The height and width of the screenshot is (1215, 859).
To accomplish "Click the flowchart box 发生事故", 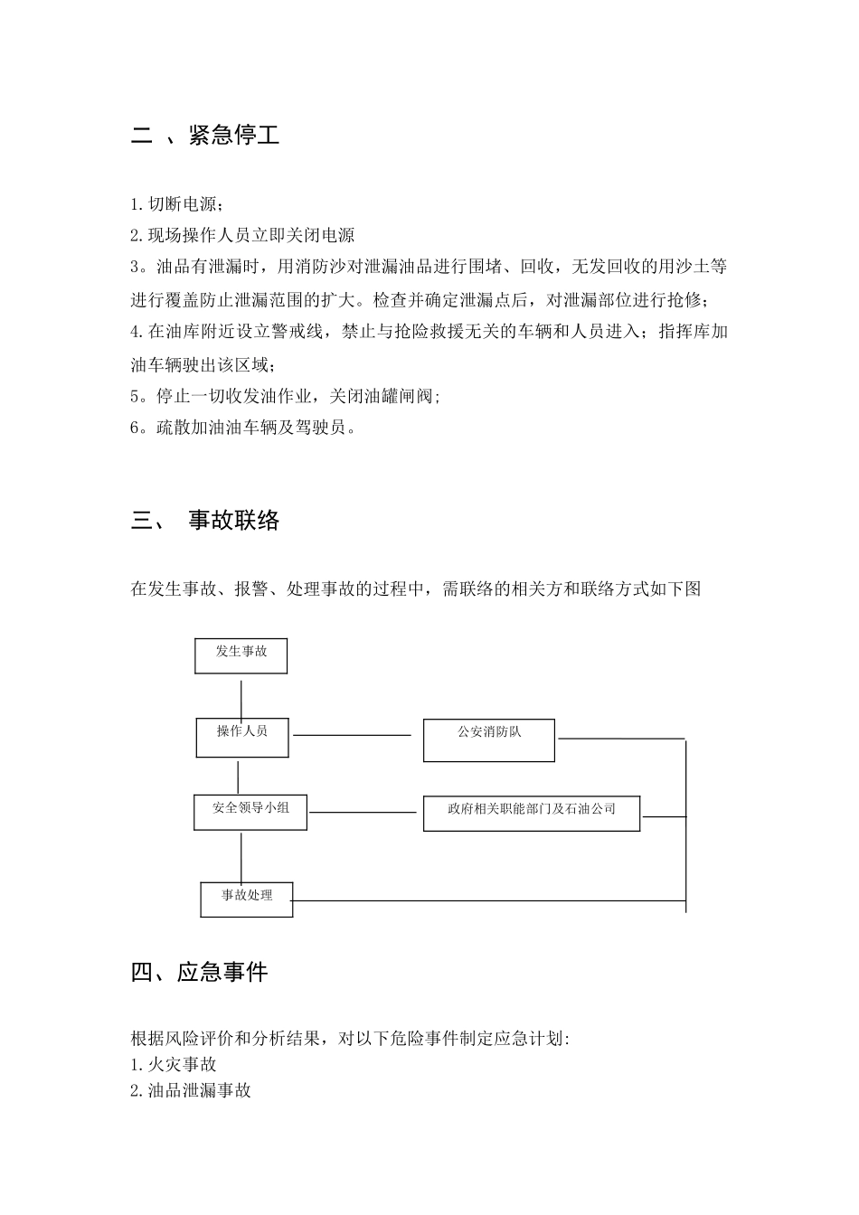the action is tap(241, 655).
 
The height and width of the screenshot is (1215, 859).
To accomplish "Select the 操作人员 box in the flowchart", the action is tap(242, 738).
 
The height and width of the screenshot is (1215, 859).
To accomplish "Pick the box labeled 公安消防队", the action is tap(489, 741).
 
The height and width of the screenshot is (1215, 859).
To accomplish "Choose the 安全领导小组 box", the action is tap(250, 812).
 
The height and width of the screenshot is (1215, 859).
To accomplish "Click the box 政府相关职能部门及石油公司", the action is tap(532, 814).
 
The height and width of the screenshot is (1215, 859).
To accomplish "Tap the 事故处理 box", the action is tap(247, 899).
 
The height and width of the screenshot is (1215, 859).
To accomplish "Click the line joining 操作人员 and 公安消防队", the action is tap(353, 735).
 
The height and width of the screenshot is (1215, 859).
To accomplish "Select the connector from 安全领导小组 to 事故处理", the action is tap(241, 856).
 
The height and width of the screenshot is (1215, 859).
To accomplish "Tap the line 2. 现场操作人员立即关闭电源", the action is tap(242, 235).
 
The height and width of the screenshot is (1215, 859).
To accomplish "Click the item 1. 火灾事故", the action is tap(174, 1065).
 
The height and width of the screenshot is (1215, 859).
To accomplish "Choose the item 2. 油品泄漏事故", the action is tap(191, 1090).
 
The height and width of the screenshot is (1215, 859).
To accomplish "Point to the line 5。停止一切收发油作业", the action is tap(286, 396).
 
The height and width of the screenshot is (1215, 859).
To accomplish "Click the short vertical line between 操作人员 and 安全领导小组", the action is tap(238, 777).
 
